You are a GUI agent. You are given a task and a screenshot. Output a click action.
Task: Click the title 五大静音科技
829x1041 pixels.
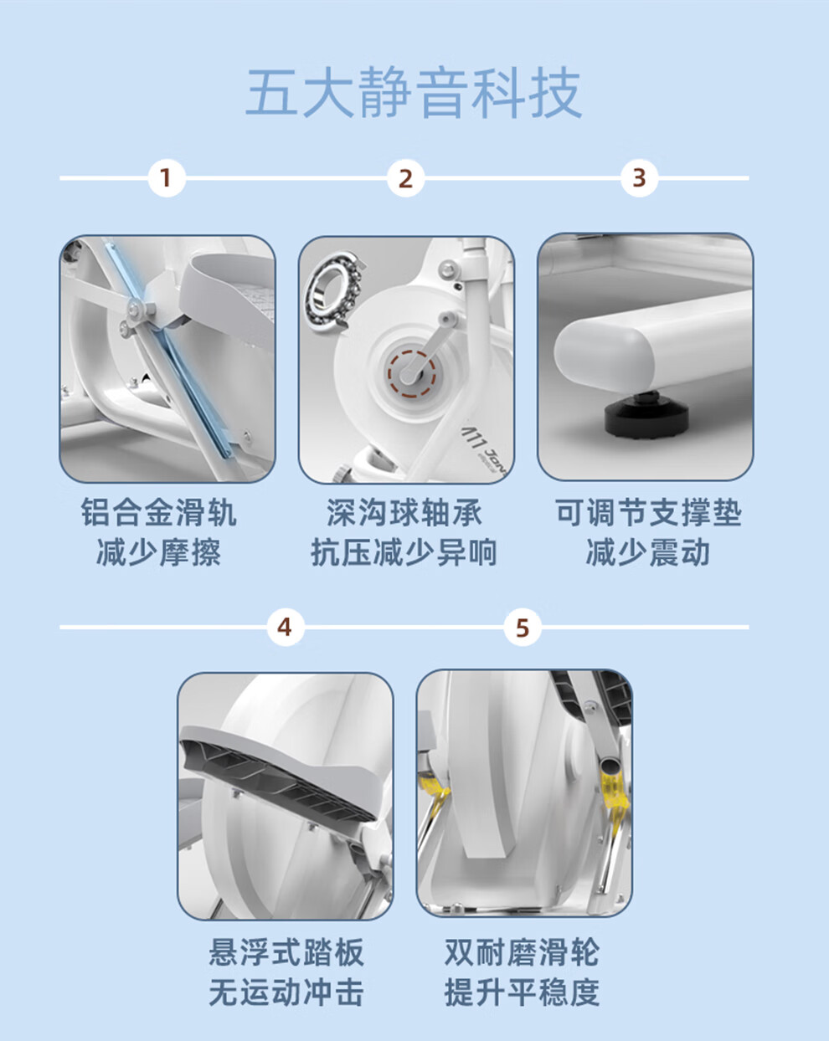click(414, 92)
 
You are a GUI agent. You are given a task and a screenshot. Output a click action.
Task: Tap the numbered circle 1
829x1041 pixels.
click(166, 178)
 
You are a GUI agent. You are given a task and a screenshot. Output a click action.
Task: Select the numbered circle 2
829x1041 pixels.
click(405, 178)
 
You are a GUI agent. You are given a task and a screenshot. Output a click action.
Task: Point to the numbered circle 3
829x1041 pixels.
click(639, 178)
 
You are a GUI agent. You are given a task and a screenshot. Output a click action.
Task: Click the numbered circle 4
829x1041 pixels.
click(285, 628)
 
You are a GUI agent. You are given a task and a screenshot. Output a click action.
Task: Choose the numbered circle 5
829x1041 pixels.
click(522, 628)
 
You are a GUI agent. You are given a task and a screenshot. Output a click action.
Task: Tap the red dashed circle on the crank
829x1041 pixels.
click(411, 374)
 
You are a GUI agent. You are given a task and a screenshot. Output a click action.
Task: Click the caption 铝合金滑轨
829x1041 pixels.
click(158, 512)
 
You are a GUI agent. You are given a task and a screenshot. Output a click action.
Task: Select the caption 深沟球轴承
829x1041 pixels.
click(404, 512)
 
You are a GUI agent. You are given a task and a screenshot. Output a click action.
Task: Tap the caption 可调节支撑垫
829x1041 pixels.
click(648, 512)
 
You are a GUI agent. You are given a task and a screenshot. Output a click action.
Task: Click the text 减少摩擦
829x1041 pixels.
click(158, 552)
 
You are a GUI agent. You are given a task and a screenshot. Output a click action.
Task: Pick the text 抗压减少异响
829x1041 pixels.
click(404, 552)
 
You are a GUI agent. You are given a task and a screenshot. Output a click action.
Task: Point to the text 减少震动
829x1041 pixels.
click(648, 552)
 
